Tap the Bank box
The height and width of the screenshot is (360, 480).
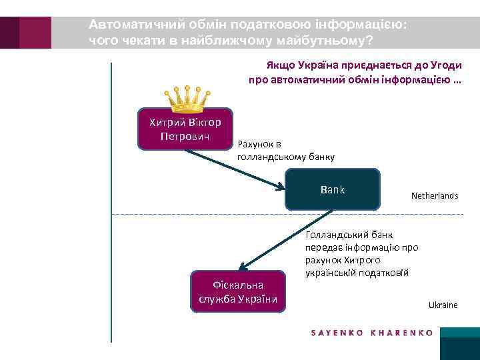coord(333,189)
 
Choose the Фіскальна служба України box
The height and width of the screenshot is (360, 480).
coord(238,291)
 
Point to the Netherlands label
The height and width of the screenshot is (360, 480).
coord(434,196)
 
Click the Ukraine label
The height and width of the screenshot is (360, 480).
coord(443,305)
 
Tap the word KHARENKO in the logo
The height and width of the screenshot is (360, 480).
coord(403,332)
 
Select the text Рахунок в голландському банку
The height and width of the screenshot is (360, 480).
coord(286,151)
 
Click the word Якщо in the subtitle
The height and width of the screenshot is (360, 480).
coord(281,67)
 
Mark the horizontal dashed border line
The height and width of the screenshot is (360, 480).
coord(287,214)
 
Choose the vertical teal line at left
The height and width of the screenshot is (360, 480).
coord(111,200)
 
